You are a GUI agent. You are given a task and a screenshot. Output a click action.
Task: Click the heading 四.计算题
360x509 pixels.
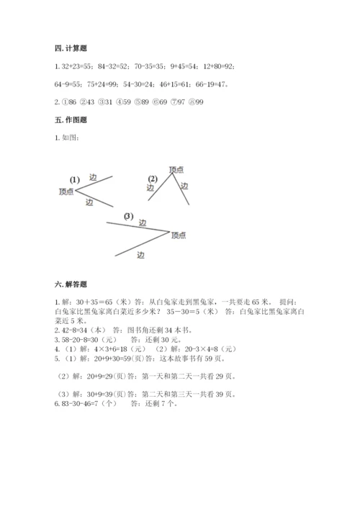[70, 48]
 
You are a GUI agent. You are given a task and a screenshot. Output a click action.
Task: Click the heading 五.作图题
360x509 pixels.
[70, 120]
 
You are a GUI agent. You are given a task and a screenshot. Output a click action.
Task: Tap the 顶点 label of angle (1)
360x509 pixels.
[66, 192]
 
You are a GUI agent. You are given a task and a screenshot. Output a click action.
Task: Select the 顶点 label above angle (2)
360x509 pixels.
[176, 169]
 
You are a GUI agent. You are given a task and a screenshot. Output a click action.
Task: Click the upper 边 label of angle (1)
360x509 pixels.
[93, 177]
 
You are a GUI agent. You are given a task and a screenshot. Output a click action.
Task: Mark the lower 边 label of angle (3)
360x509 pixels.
[140, 254]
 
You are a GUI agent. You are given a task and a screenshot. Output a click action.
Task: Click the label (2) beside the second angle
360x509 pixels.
[152, 179]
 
